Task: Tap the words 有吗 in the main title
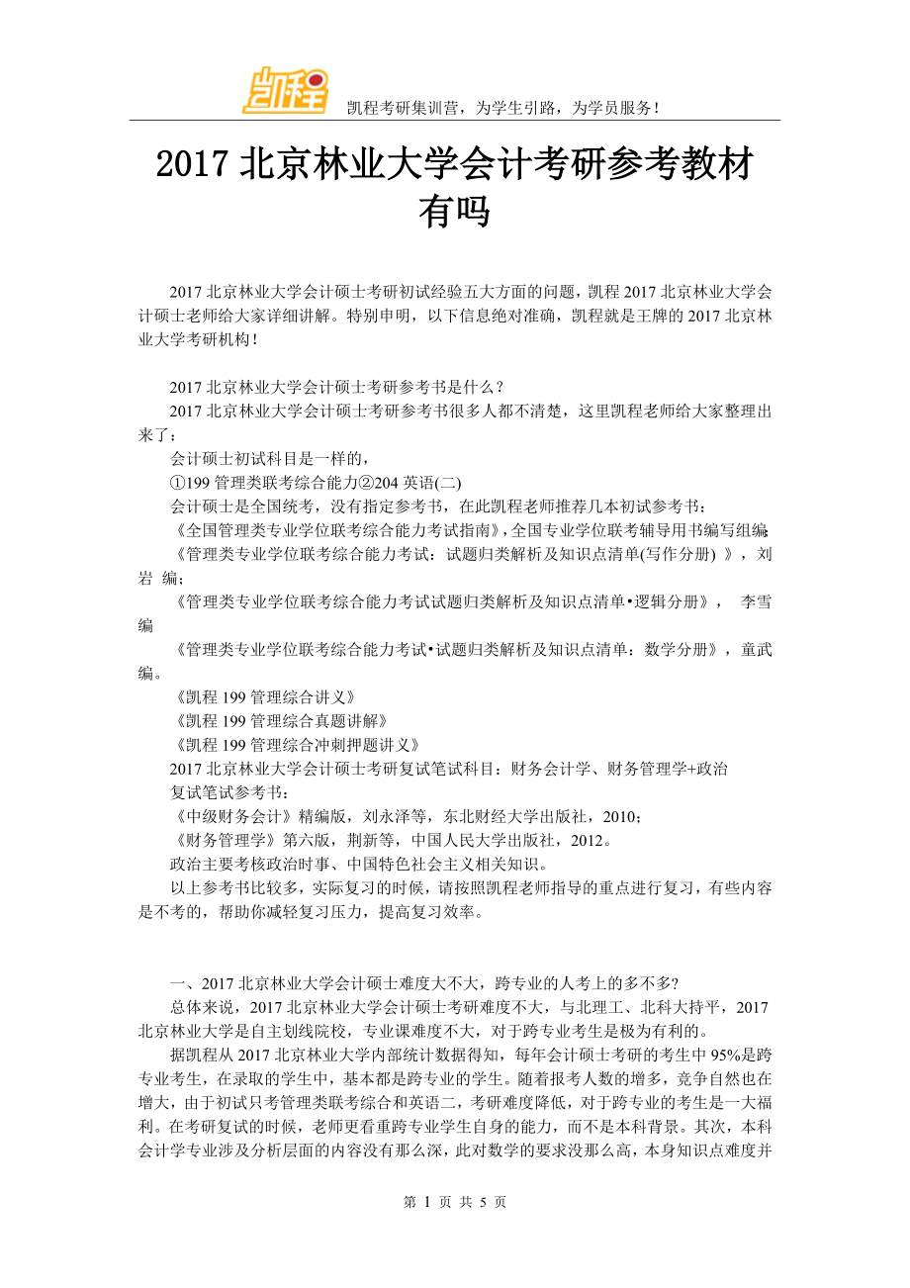click(x=454, y=211)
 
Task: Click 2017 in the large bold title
click(x=195, y=164)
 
